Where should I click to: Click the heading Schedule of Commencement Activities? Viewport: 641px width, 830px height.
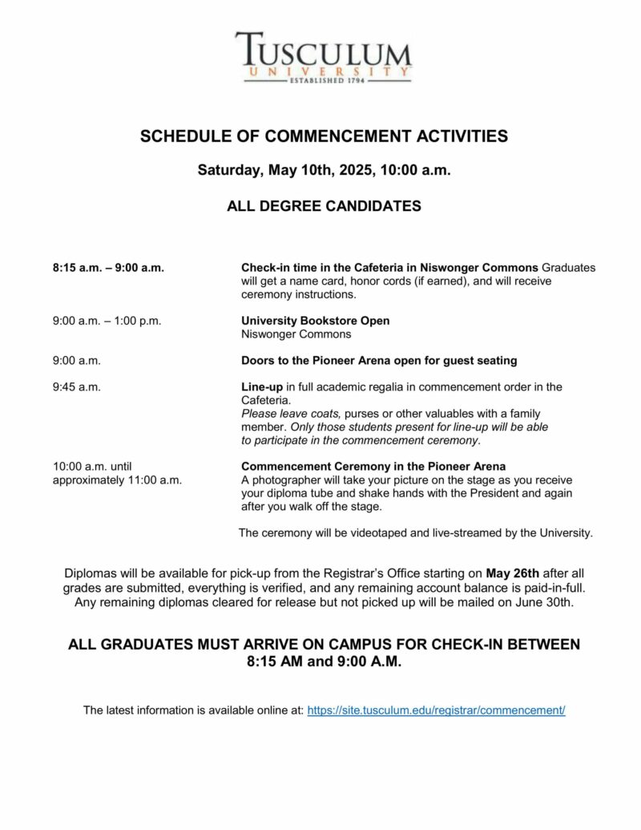[x=324, y=136]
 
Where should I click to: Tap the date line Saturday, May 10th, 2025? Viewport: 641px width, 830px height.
[x=324, y=171]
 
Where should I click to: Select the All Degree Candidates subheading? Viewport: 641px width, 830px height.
[x=324, y=206]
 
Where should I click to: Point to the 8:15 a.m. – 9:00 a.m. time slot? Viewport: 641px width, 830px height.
[x=108, y=268]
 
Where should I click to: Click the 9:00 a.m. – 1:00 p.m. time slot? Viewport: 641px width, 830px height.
[x=107, y=321]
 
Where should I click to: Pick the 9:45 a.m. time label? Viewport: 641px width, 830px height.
[x=77, y=387]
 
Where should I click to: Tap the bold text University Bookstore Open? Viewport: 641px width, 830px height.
[x=316, y=321]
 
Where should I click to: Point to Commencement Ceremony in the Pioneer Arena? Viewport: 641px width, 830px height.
[x=373, y=467]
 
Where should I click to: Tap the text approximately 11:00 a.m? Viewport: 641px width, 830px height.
[x=117, y=480]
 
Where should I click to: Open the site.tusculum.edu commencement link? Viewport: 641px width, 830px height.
[x=436, y=711]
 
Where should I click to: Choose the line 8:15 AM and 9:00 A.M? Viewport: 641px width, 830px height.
[x=324, y=662]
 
